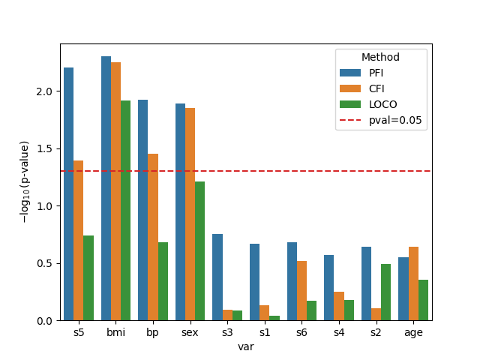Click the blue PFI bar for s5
(x=69, y=194)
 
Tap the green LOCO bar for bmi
(x=125, y=211)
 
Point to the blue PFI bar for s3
(x=217, y=277)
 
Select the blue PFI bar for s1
(x=255, y=282)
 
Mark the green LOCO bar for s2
(x=385, y=292)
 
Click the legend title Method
(x=380, y=57)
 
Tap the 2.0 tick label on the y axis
(x=47, y=91)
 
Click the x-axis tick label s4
(x=339, y=331)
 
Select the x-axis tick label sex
(x=190, y=331)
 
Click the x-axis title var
(x=246, y=346)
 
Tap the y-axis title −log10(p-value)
(x=25, y=181)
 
